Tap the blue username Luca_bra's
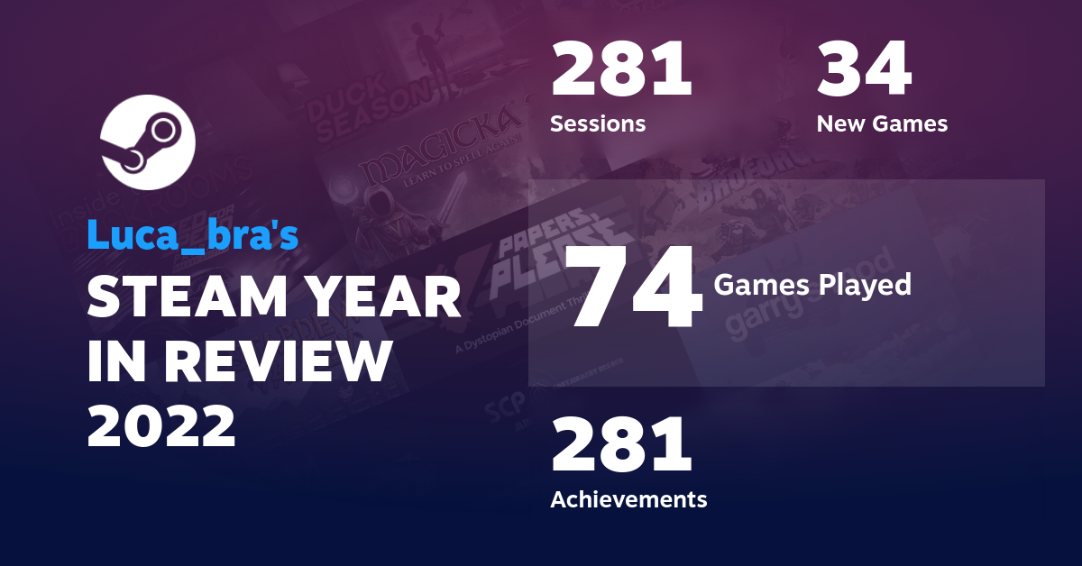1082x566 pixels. coord(192,235)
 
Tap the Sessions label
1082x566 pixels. coord(598,123)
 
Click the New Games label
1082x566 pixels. coord(882,123)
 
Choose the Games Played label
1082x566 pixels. coord(812,286)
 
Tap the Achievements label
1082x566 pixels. coord(628,498)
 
